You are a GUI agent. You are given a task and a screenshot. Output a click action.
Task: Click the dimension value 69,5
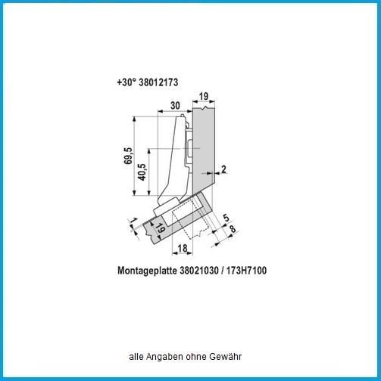(x=128, y=156)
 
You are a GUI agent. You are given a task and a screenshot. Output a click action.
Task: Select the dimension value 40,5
(x=142, y=172)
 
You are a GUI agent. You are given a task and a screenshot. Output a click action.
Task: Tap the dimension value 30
(x=175, y=106)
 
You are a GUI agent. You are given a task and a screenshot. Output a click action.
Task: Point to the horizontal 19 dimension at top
(x=204, y=96)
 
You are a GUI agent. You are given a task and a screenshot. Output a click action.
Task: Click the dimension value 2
(x=223, y=169)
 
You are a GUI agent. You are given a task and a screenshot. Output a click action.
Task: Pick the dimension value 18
(x=183, y=248)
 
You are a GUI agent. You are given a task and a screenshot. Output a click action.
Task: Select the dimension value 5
(x=226, y=218)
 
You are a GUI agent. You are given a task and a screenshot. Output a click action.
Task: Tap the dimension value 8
(x=233, y=229)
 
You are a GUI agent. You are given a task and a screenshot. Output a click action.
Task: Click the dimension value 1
(x=133, y=220)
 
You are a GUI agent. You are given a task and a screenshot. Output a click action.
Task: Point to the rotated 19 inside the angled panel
(x=160, y=228)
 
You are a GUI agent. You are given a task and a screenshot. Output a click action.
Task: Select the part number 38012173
(x=158, y=82)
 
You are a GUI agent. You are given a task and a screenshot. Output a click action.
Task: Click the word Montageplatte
(x=147, y=271)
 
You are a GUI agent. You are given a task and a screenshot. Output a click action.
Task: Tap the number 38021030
(x=199, y=271)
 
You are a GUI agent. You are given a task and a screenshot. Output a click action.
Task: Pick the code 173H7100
(x=246, y=271)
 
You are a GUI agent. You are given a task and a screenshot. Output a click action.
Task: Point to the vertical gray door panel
(x=204, y=150)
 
